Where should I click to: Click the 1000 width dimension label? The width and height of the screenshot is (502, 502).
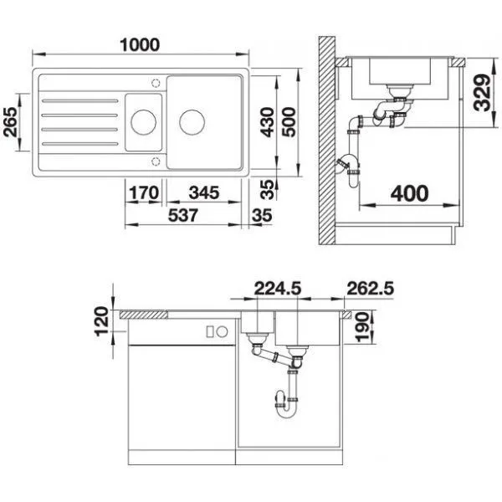(x=140, y=45)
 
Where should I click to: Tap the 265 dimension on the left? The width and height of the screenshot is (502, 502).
(x=10, y=122)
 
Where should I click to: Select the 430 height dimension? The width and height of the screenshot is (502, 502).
(x=267, y=122)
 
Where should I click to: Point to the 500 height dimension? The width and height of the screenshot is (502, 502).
(x=289, y=122)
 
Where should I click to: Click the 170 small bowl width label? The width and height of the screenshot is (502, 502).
(x=144, y=192)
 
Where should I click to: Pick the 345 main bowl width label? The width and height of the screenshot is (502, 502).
(x=204, y=192)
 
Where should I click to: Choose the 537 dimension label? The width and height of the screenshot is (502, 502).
(x=183, y=215)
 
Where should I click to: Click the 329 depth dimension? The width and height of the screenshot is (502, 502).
(x=482, y=93)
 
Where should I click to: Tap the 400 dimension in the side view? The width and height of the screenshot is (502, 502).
(x=409, y=193)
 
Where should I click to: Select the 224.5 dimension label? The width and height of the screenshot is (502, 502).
(x=278, y=288)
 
